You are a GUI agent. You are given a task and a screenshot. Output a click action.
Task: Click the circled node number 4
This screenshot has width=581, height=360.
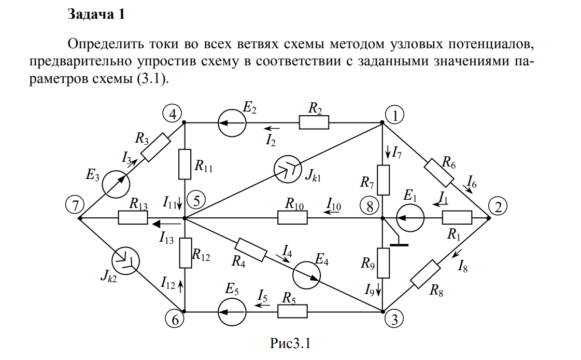coord(172,113)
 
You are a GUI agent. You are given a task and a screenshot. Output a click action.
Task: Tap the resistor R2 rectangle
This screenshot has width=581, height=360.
coord(314,123)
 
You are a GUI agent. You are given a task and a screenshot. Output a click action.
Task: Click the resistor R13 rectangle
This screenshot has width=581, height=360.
coord(133,218)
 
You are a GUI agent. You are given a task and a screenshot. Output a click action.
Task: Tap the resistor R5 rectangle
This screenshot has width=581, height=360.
coord(293,312)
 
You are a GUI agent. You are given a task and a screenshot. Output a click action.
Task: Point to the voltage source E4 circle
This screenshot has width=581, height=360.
coord(307,275)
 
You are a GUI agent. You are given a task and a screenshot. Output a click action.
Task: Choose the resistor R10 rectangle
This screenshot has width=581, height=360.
coord(293,218)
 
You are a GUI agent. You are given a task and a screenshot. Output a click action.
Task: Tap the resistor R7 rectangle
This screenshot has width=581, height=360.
coord(382,179)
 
